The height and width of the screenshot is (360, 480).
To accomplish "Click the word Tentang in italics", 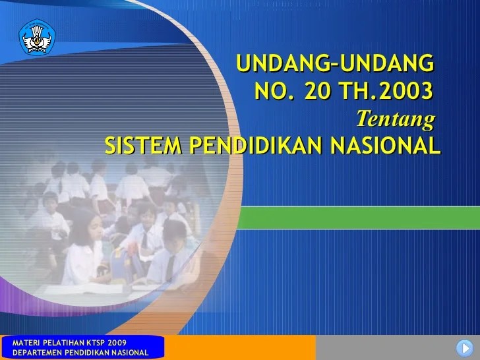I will pyautogui.click(x=396, y=119).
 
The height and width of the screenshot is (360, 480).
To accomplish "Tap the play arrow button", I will pyautogui.click(x=464, y=348).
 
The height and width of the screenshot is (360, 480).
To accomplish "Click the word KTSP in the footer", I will pyautogui.click(x=85, y=342).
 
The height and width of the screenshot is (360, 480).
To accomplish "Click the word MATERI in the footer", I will pyautogui.click(x=19, y=342).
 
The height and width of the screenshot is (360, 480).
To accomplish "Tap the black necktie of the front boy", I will pyautogui.click(x=170, y=265).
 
